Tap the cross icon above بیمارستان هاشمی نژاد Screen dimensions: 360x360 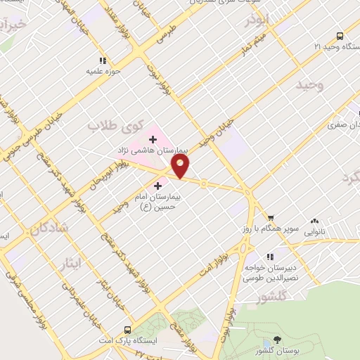coord(153,139)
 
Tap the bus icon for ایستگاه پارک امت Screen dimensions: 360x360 coord(127,330)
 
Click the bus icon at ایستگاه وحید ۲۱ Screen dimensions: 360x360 coord(340,36)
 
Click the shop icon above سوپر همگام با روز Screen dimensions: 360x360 coord(271,218)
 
